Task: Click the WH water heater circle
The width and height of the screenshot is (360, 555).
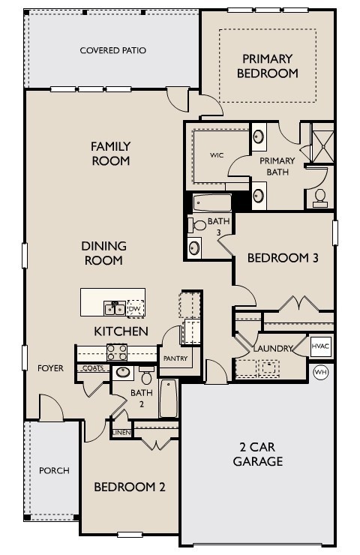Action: (321, 372)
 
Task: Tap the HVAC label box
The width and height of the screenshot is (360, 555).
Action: (321, 347)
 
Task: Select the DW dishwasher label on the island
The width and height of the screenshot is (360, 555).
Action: (135, 308)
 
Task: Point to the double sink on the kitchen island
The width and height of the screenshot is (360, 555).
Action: (115, 307)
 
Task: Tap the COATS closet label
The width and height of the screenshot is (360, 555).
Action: (93, 368)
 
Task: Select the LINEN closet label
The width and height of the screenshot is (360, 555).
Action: (121, 433)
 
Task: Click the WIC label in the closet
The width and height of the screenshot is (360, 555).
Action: (217, 155)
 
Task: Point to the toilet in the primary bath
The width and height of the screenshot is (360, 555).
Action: (320, 197)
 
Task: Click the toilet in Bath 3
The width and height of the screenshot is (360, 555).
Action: (199, 225)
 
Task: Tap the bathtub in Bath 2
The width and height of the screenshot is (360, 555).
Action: (168, 397)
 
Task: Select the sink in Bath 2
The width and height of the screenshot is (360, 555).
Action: (122, 372)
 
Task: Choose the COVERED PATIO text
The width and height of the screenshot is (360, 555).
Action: (112, 50)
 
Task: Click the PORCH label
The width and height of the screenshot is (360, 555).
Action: (54, 471)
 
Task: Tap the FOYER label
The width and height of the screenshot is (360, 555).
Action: (51, 368)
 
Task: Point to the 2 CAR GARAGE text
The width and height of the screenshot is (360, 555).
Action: (257, 454)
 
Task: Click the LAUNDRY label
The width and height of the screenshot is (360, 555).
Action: (271, 349)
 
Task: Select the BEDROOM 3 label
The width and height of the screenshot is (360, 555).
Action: (283, 258)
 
